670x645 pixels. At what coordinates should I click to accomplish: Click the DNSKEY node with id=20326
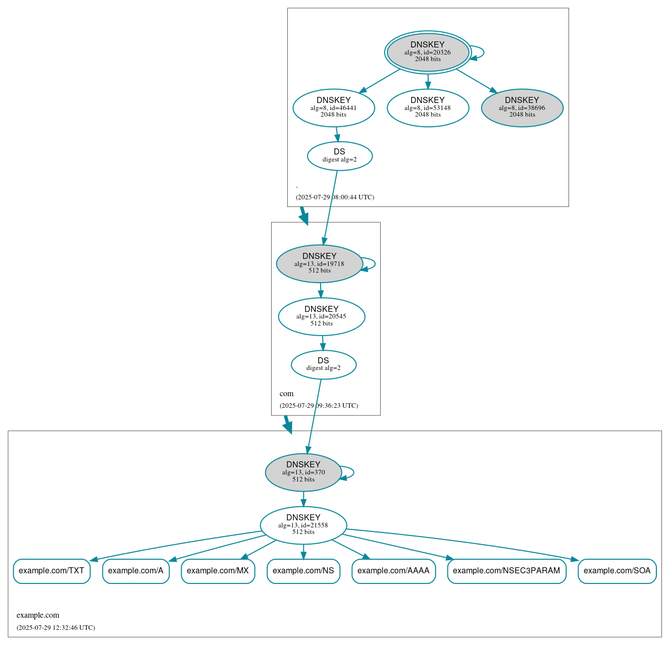coord(428,52)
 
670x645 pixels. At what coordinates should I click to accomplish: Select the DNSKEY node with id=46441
coord(334,108)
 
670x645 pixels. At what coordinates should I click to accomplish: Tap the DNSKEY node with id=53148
coord(428,108)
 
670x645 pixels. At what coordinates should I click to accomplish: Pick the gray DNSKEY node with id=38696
coord(522,108)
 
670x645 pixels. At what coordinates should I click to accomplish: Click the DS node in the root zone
coord(340,156)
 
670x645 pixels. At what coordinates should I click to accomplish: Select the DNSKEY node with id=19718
coord(319,264)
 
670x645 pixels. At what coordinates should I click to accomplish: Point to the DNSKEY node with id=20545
coord(322,316)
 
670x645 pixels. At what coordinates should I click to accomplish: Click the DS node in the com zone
coord(324,364)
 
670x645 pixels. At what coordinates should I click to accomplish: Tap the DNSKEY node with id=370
coord(303,472)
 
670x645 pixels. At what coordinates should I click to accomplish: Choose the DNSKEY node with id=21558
coord(303,525)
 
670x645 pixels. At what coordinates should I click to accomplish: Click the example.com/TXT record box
coord(51,571)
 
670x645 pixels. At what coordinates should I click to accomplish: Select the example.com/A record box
coord(136,571)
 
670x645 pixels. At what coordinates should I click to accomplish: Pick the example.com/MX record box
coord(218,571)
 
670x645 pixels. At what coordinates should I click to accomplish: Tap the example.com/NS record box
coord(303,571)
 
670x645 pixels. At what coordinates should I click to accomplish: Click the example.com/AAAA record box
coord(393,571)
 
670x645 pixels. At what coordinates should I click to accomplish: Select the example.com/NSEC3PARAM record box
coord(506,571)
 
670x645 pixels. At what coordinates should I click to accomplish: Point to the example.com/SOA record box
coord(617,571)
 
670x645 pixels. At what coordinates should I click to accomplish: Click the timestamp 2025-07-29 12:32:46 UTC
coord(56,628)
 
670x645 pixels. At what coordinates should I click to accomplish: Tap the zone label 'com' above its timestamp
coord(286,394)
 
